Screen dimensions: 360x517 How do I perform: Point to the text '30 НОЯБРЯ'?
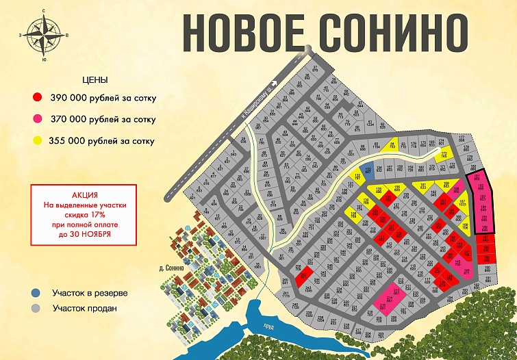(94, 234)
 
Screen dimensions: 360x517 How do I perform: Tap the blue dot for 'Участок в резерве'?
(36, 293)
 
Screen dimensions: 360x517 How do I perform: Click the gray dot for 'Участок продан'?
(36, 308)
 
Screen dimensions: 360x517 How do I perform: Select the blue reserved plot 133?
(367, 171)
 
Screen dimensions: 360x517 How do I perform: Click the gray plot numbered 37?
(316, 69)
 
